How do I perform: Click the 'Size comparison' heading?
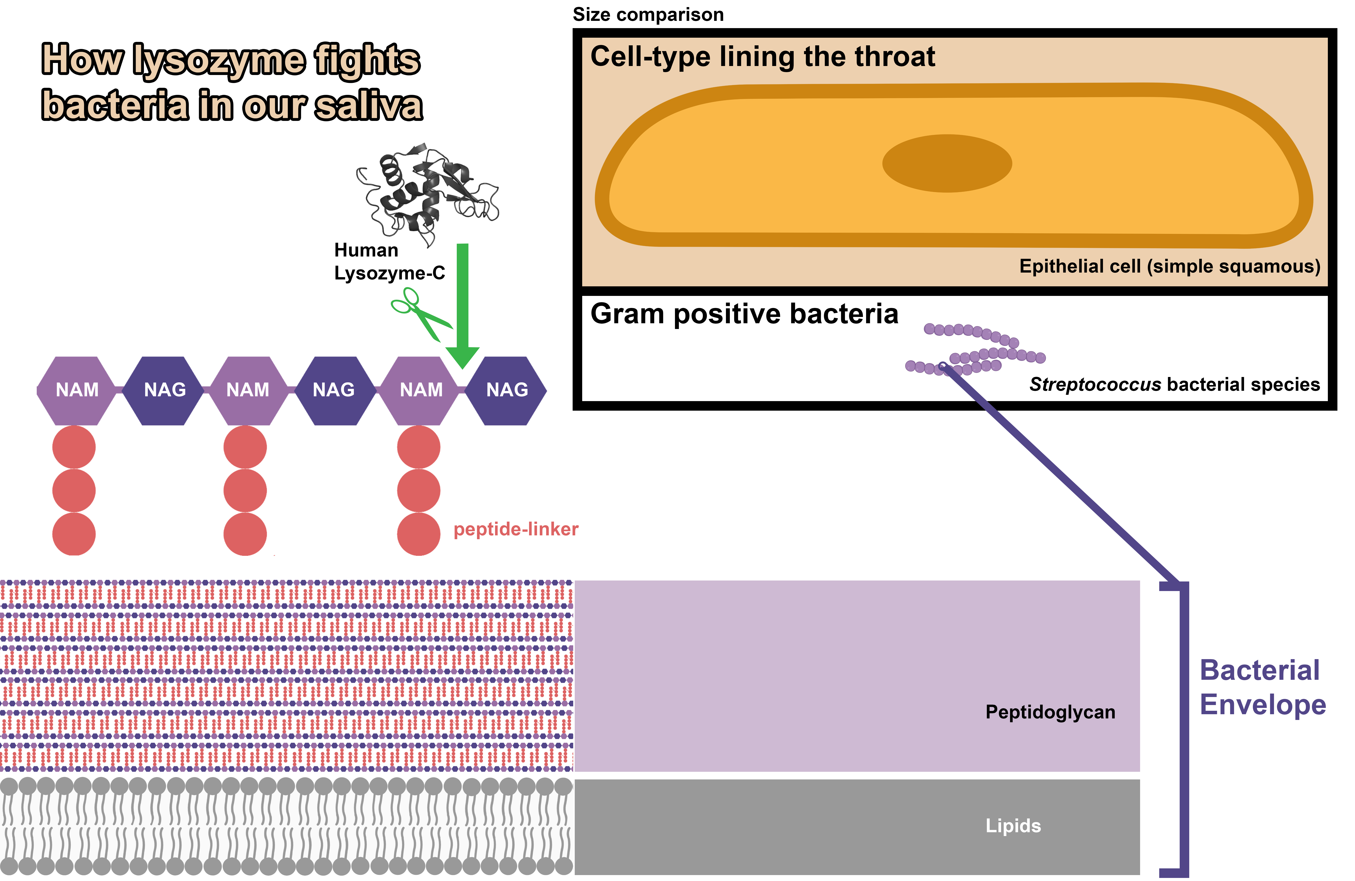pos(648,14)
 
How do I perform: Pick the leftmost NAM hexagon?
pos(77,390)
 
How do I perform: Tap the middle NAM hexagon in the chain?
pos(248,390)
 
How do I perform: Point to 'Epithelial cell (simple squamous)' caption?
pos(1169,266)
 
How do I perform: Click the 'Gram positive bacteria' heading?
pos(744,314)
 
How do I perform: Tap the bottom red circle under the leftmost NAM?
pos(74,534)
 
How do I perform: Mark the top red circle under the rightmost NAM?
pos(419,447)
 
